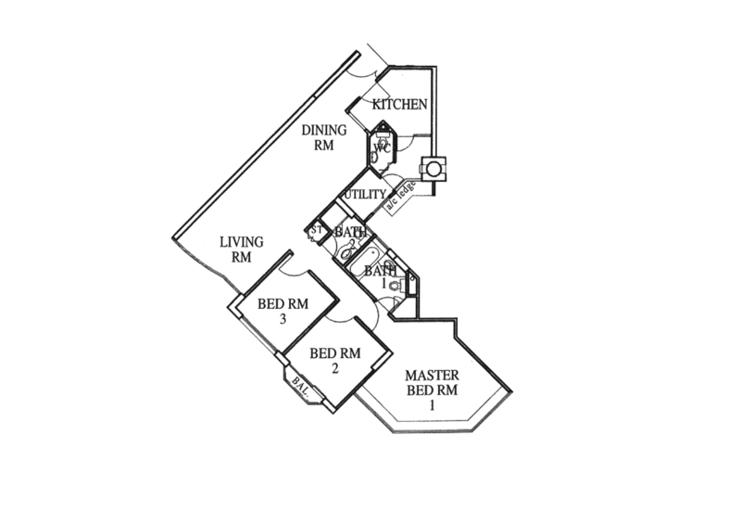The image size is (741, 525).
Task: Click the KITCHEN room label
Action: (398, 104)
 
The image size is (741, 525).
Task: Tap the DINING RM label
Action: (324, 136)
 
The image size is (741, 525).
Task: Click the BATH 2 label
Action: (355, 234)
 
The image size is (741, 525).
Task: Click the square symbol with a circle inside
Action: (432, 171)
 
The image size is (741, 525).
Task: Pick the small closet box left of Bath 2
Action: (316, 232)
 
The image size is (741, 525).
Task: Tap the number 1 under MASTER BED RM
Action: (432, 403)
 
